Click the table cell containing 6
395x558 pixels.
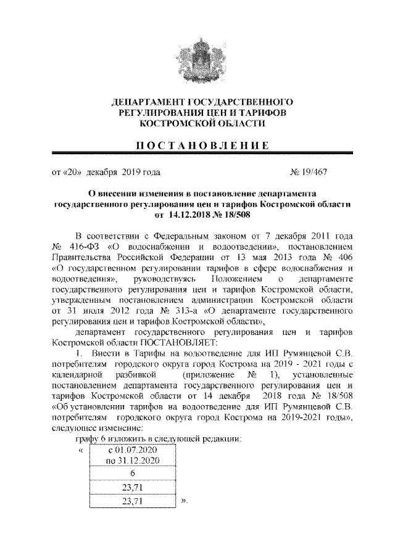tap(133, 473)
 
